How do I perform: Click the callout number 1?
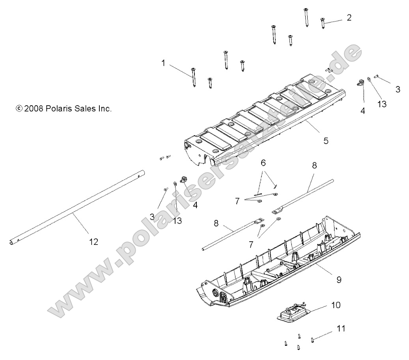163,63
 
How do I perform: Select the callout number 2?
349,17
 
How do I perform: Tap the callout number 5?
326,140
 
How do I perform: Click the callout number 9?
339,280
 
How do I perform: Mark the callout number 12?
93,241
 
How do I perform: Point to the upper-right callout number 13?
381,104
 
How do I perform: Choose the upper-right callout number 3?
398,90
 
